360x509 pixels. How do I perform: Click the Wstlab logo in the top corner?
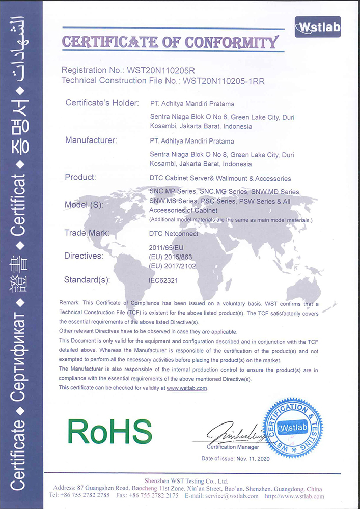pos(318,26)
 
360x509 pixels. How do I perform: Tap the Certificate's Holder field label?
pos(102,103)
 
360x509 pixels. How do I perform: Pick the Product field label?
pos(80,177)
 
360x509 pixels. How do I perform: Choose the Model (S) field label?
pos(84,205)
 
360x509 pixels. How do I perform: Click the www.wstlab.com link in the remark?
pos(187,388)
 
